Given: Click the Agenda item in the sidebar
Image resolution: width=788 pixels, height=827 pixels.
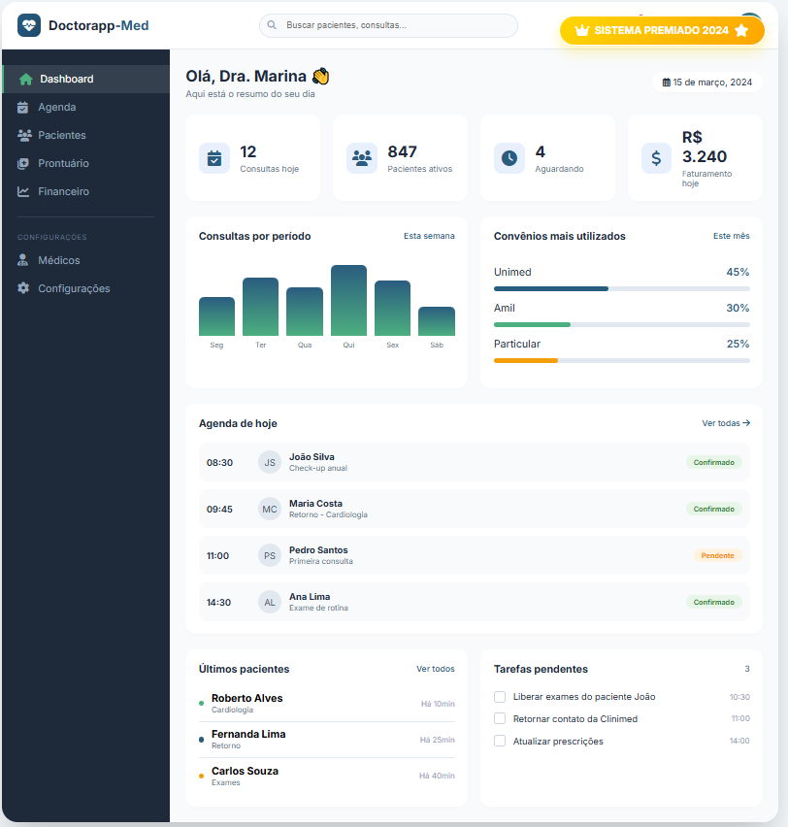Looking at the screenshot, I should (x=56, y=107).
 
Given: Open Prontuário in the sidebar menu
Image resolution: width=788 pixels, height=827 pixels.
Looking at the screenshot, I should (x=63, y=163).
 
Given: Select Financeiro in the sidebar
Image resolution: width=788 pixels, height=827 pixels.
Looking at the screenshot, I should (x=63, y=191).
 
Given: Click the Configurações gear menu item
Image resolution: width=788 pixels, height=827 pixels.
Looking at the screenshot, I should (x=73, y=288).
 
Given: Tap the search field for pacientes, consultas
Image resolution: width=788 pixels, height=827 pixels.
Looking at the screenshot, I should (x=388, y=25).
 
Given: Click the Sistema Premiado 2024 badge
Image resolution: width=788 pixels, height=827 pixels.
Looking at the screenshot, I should (x=662, y=30).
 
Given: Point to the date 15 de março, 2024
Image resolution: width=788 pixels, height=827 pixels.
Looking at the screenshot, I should (x=707, y=83).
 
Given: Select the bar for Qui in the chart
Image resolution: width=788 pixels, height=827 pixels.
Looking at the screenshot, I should (x=348, y=300).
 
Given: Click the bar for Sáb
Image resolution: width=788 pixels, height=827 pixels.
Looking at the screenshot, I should (x=437, y=321).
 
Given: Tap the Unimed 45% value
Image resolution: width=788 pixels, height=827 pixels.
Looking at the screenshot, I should (x=738, y=272).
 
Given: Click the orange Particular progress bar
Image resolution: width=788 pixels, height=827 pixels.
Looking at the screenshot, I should (x=526, y=360).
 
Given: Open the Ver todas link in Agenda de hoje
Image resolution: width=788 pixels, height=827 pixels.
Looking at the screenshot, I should (x=726, y=423).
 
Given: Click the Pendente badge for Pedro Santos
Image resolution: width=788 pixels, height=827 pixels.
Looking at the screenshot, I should (x=717, y=555).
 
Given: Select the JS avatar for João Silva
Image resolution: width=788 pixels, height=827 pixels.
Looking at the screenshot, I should (x=270, y=462).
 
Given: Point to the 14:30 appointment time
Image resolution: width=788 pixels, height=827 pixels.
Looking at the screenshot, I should (x=218, y=602).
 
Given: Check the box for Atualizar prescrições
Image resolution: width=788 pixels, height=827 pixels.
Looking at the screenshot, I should (x=500, y=741).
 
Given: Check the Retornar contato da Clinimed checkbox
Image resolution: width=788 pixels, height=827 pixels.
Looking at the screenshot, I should (x=500, y=718).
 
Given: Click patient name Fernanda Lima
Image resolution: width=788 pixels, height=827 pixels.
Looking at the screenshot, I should (x=248, y=734).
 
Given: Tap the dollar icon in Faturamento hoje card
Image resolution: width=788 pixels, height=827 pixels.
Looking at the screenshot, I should (x=656, y=158).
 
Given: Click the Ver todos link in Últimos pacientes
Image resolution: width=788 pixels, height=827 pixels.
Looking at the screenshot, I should (x=435, y=669).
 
